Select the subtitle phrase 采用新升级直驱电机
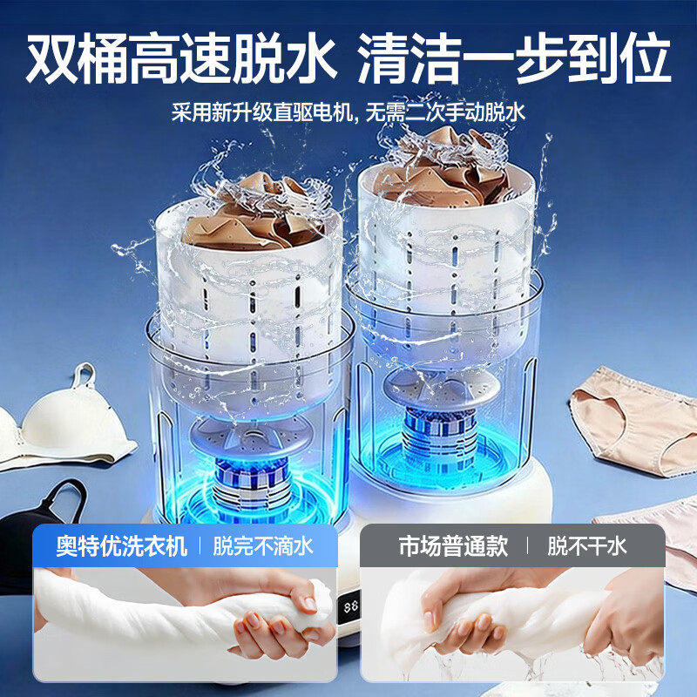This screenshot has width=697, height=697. point(261,112)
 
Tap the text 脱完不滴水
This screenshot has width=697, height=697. point(263,546)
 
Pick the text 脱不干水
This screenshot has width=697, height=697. point(586,546)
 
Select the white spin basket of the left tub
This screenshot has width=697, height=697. point(253,296)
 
